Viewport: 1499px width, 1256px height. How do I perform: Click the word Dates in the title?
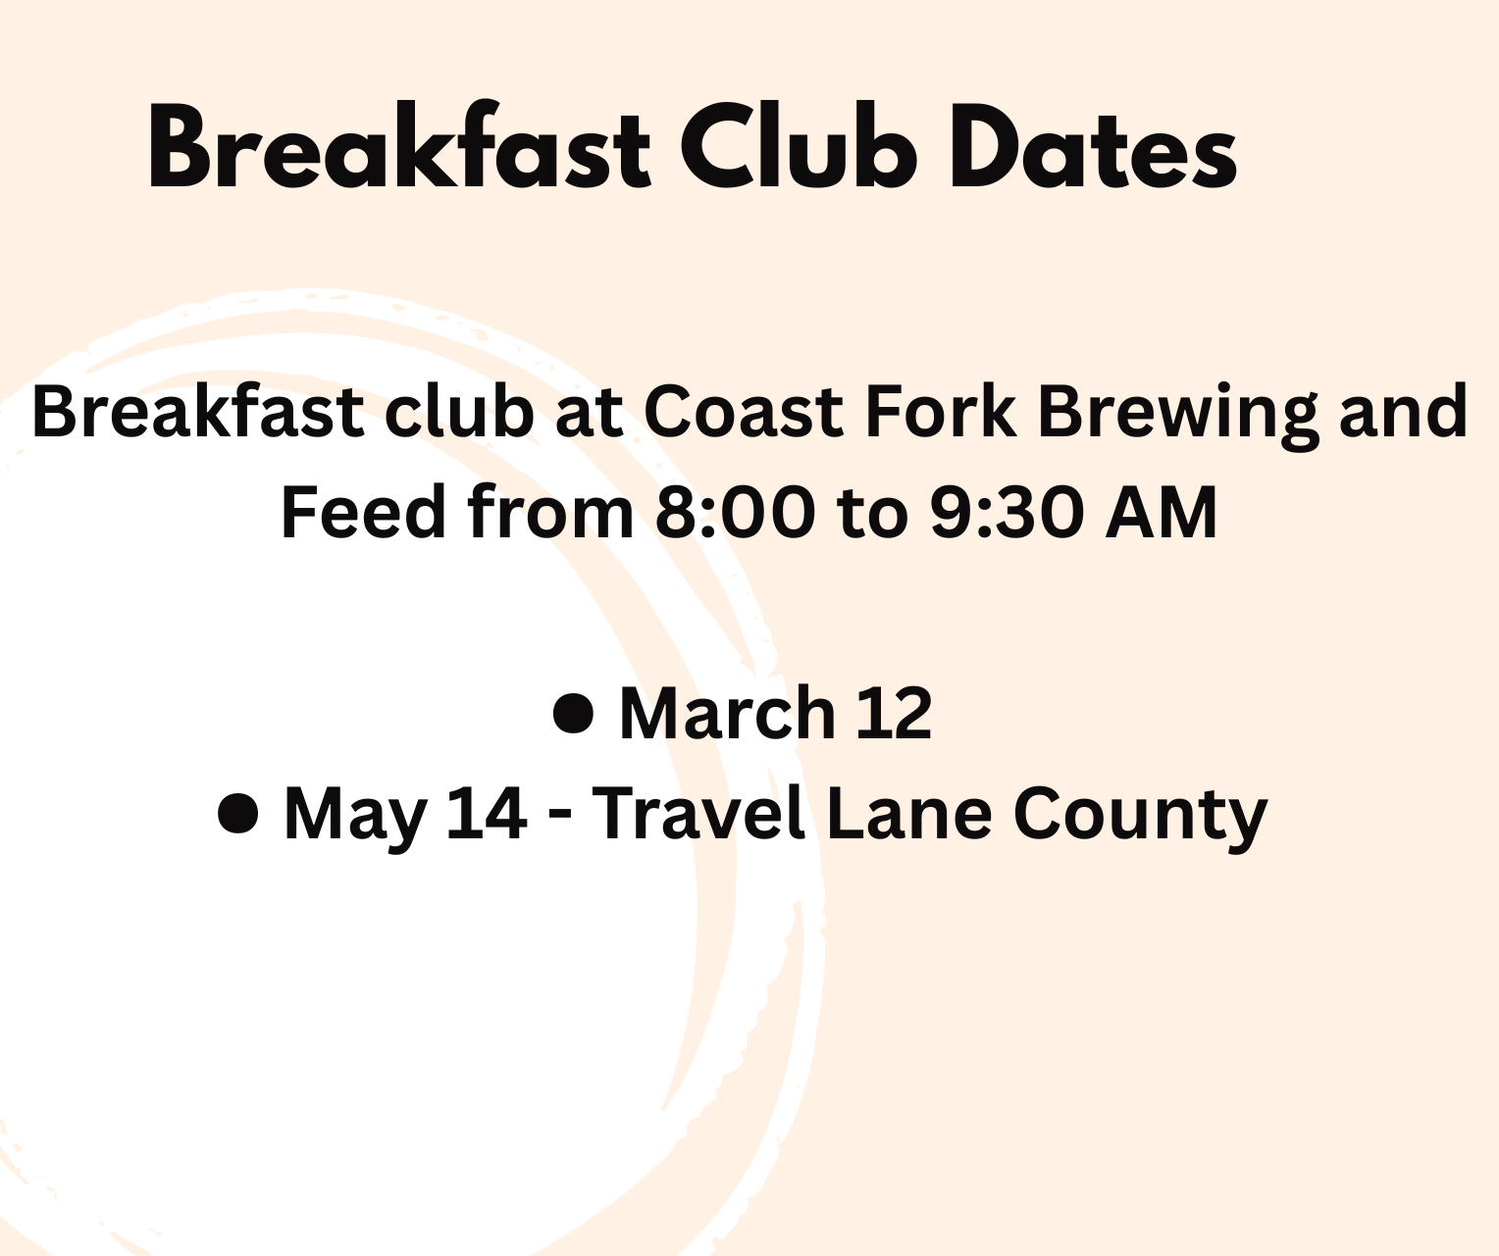(x=1093, y=146)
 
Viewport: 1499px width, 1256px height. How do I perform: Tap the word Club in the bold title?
(x=799, y=146)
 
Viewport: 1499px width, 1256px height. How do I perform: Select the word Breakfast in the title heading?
(x=399, y=145)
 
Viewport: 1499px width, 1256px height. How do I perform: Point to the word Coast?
(x=743, y=412)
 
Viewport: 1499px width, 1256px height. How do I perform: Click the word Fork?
(x=941, y=411)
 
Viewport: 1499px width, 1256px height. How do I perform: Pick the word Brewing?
(x=1178, y=417)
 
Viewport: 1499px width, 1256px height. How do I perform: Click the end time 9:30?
(x=1007, y=512)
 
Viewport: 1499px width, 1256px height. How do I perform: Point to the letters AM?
(x=1161, y=512)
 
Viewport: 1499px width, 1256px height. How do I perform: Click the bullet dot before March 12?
(x=573, y=713)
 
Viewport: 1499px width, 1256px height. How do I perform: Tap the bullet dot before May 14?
(x=236, y=814)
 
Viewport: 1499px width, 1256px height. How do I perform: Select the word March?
(x=727, y=712)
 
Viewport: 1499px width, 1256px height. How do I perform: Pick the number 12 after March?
(x=895, y=713)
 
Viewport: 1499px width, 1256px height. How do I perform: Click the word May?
(x=354, y=819)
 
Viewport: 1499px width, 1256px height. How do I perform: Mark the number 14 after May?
(x=486, y=814)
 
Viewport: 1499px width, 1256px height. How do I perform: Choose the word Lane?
(x=909, y=814)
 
